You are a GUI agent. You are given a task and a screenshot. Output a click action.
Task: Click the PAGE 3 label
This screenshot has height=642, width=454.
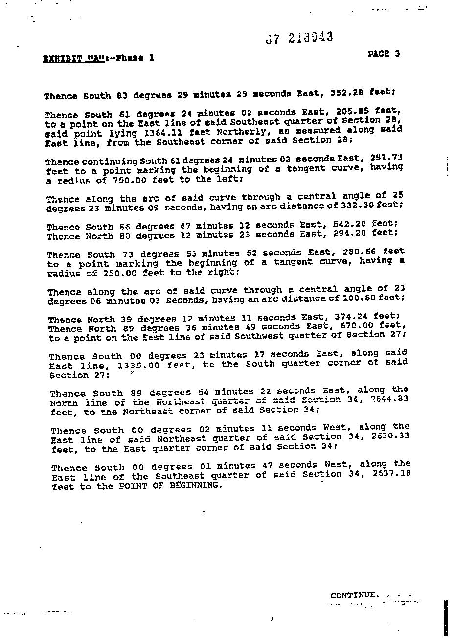point(384,54)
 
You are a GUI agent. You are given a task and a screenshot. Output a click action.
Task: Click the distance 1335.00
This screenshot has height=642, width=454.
point(140,365)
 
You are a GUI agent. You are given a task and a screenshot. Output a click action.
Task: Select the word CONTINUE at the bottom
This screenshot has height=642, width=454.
point(354,595)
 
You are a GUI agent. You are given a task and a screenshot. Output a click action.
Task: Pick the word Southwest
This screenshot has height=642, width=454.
point(258,336)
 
